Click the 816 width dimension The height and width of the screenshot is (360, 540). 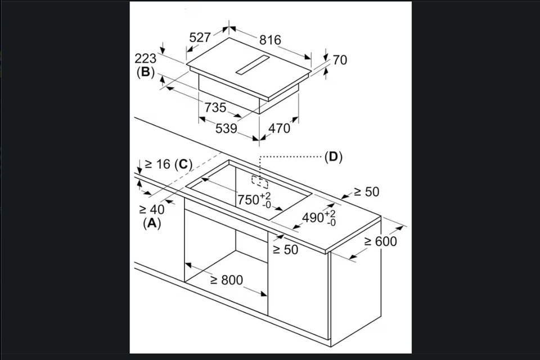point(270,40)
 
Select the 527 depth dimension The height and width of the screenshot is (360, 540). point(200,38)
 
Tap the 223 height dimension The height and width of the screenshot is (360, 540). point(145,58)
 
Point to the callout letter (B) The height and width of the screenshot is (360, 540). point(145,73)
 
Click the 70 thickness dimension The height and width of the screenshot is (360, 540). point(340,60)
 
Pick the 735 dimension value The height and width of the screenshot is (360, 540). point(215,107)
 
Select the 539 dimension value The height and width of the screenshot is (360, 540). point(226,128)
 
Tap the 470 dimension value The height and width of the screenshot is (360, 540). point(279,128)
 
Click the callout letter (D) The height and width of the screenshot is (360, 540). point(334,157)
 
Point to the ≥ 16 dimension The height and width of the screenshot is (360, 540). point(157,164)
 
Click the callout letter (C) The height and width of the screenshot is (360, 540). point(183,164)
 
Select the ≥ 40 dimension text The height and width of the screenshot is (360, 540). point(151,209)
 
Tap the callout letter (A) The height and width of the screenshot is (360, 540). point(152,223)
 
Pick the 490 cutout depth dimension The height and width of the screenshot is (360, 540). point(319,218)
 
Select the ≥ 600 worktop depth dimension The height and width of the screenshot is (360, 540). point(380,241)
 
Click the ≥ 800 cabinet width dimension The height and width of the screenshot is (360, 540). point(226,280)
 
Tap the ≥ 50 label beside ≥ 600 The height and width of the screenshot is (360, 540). point(366,192)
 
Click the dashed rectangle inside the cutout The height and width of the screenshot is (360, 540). point(260,182)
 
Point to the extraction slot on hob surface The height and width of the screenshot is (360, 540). point(254,65)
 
